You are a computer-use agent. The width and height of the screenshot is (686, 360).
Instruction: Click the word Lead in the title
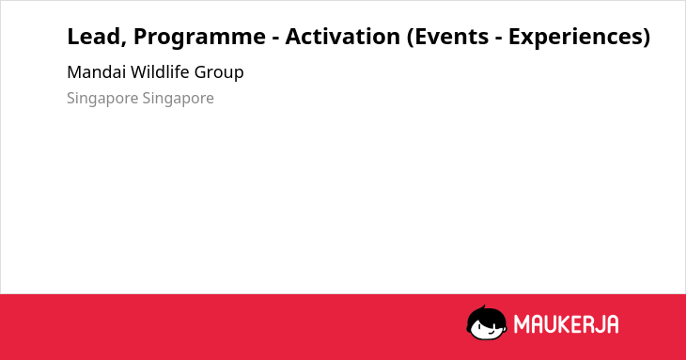[x=94, y=37]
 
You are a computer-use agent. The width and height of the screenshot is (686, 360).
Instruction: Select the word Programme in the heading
[x=199, y=38]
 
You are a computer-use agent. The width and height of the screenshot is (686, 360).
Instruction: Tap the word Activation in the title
[x=343, y=37]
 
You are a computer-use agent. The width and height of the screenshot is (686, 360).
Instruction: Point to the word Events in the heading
[x=451, y=37]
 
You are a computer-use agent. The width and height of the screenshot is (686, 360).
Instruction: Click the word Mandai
[x=96, y=71]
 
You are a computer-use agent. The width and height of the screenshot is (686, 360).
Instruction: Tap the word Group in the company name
[x=219, y=73]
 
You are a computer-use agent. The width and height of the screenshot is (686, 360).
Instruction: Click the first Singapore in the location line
[x=102, y=99]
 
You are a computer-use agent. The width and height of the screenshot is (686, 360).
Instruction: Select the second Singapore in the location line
[x=178, y=99]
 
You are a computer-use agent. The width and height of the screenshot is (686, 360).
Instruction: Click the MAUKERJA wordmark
[x=566, y=324]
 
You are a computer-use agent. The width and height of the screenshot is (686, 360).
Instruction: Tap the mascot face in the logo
[x=487, y=323]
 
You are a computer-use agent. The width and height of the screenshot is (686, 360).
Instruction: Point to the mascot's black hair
[x=486, y=314]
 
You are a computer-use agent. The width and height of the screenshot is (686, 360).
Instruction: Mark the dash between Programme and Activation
[x=275, y=39]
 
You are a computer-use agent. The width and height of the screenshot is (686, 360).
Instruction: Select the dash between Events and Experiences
[x=499, y=39]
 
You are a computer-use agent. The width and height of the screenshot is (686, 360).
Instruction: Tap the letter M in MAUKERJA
[x=522, y=324]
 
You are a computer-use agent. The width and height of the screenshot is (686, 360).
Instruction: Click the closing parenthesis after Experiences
[x=647, y=37]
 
